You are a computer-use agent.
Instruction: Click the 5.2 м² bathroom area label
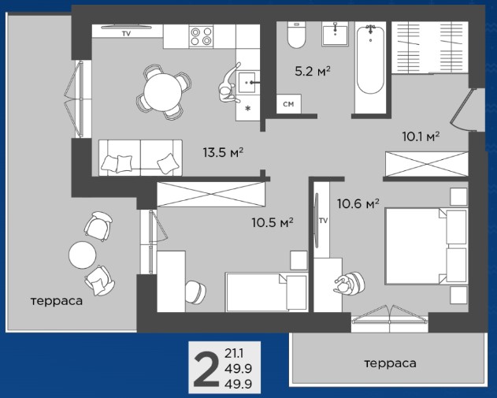click(313, 72)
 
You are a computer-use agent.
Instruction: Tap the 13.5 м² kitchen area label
click(223, 153)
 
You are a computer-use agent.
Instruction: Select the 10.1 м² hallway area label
click(421, 136)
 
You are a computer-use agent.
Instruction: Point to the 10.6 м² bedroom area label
click(358, 203)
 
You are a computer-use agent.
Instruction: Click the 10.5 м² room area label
click(273, 222)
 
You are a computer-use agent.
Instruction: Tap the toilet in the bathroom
click(296, 35)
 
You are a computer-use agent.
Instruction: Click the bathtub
click(370, 60)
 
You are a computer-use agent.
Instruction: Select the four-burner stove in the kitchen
click(201, 36)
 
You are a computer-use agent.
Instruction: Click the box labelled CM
click(288, 104)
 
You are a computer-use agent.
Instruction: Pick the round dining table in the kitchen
click(163, 92)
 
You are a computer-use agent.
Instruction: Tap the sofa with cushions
click(140, 158)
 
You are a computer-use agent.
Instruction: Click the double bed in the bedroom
click(426, 246)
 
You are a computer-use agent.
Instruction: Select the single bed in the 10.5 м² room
click(266, 292)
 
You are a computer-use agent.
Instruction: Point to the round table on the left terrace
click(83, 255)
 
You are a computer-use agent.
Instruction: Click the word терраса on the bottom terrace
click(390, 363)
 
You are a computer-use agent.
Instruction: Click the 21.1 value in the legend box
click(234, 353)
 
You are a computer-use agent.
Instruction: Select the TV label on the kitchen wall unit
click(127, 33)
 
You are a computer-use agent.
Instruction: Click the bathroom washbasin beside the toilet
click(335, 34)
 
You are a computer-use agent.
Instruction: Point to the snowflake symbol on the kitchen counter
click(248, 108)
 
